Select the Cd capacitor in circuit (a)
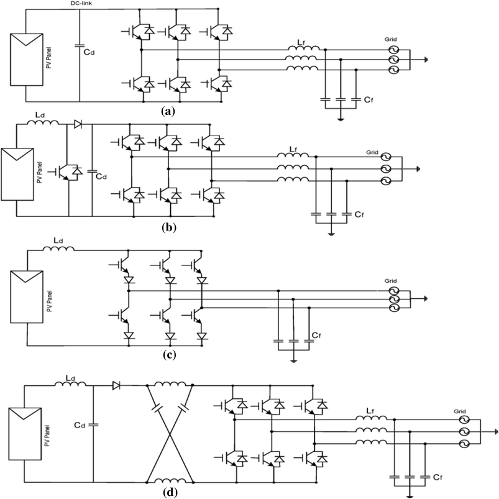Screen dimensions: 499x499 (80, 44)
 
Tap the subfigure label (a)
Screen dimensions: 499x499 (167, 111)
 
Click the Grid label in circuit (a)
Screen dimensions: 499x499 (391, 39)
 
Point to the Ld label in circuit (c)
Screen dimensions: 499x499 (57, 240)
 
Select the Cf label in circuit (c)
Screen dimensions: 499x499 (316, 335)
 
